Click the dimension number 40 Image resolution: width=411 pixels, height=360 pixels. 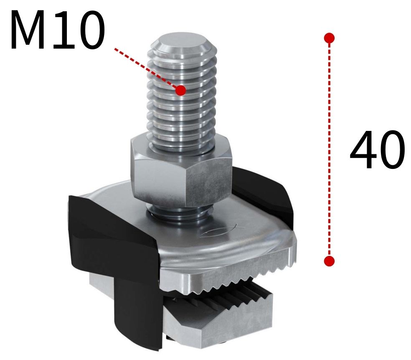coord(376,150)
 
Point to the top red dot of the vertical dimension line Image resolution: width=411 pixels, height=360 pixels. coord(329,38)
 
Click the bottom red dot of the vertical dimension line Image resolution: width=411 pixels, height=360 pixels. coord(329,261)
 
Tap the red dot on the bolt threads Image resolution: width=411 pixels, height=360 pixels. coord(180,90)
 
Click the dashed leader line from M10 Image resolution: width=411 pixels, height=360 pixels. coord(146,68)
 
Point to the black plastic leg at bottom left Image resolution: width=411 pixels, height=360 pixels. coord(138,318)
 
